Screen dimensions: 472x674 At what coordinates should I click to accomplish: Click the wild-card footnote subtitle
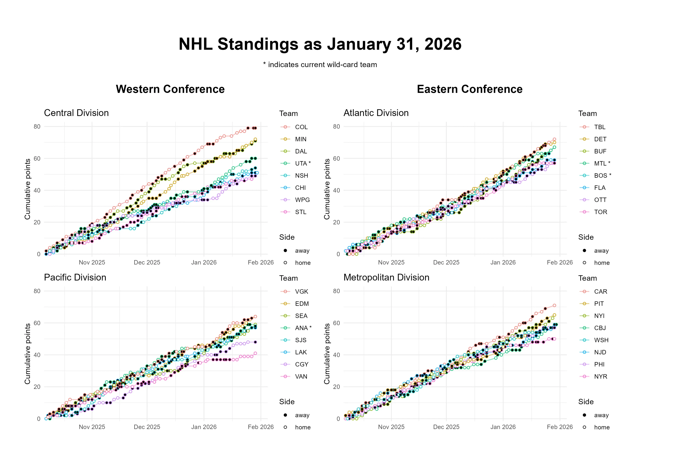pyautogui.click(x=320, y=65)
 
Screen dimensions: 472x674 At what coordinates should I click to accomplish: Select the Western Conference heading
pyautogui.click(x=170, y=89)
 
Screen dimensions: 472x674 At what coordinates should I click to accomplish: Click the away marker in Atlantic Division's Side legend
pyautogui.click(x=584, y=251)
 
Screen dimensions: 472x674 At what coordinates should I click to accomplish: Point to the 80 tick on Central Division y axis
pyautogui.click(x=37, y=127)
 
